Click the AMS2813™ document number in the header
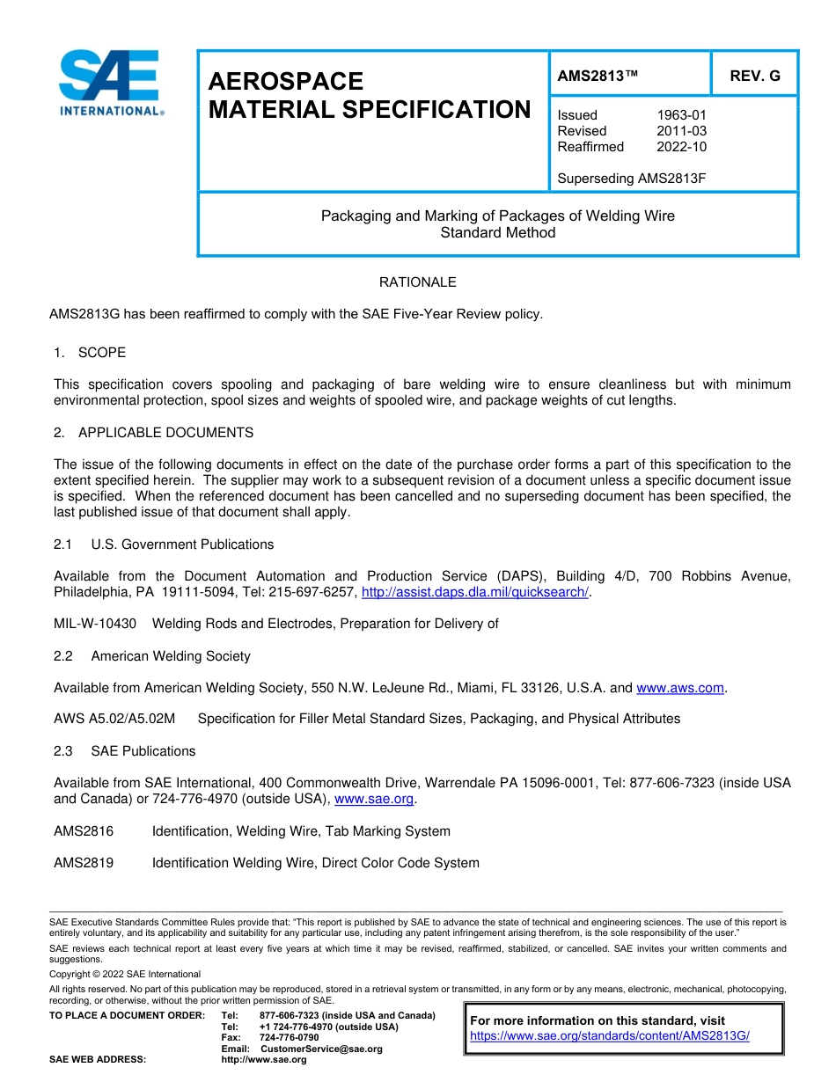[598, 76]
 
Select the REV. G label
[754, 76]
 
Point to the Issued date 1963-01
[681, 115]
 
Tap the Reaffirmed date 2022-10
[681, 147]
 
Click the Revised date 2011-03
[681, 131]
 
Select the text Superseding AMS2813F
[632, 179]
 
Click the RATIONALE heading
[417, 282]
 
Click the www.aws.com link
[679, 688]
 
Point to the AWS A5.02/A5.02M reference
[114, 719]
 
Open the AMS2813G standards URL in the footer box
[609, 1036]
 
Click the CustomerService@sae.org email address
[321, 1049]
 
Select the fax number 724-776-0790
[289, 1038]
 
